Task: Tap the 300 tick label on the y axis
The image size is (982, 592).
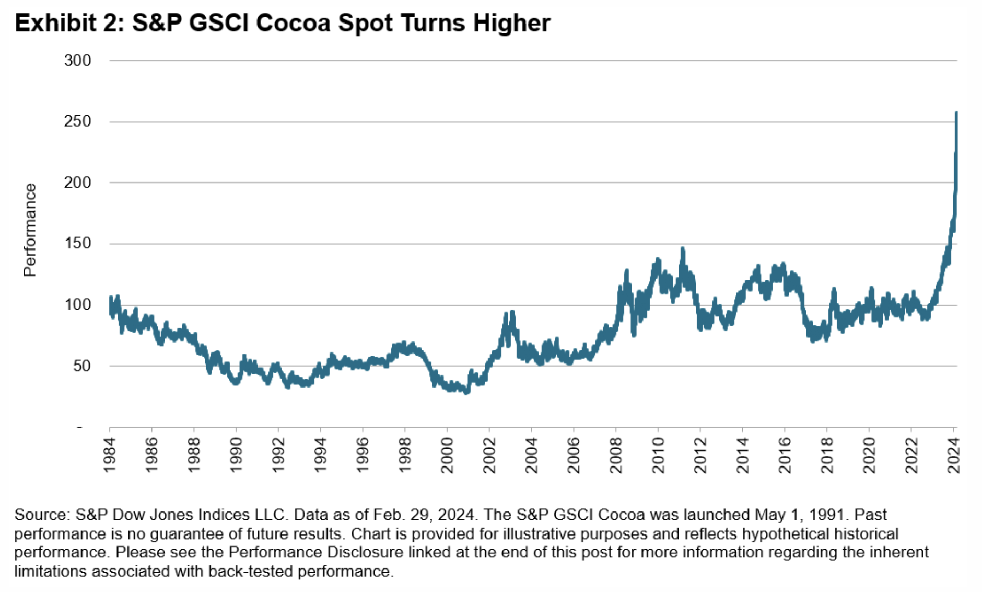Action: tap(77, 61)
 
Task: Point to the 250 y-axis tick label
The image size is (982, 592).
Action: tap(77, 121)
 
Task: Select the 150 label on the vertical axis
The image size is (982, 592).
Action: tap(77, 243)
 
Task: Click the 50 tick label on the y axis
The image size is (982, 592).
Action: tap(81, 366)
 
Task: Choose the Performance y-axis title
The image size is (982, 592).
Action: tap(30, 230)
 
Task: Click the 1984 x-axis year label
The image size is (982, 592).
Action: tap(110, 456)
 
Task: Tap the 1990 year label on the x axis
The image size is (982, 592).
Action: tap(236, 456)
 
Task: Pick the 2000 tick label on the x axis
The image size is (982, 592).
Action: tap(447, 456)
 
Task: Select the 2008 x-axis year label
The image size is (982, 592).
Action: tap(616, 456)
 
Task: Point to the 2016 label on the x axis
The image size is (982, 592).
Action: tap(785, 456)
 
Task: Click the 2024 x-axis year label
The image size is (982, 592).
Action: tap(954, 456)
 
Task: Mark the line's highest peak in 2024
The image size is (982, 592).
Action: tap(956, 113)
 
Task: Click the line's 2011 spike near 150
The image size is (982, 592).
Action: tap(682, 249)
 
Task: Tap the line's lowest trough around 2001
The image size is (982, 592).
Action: tap(466, 392)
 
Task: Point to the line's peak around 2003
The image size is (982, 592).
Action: tap(512, 312)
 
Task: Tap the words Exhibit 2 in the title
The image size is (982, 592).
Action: tap(67, 23)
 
